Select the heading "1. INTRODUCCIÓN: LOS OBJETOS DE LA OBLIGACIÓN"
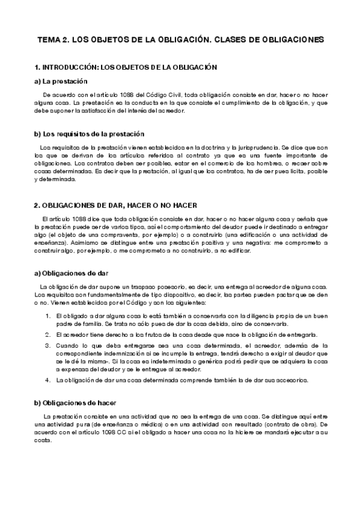[125, 67]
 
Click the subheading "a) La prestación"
[61, 81]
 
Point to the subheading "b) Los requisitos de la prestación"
[90, 134]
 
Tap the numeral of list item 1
[47, 316]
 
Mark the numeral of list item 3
[47, 346]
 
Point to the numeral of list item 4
[47, 380]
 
